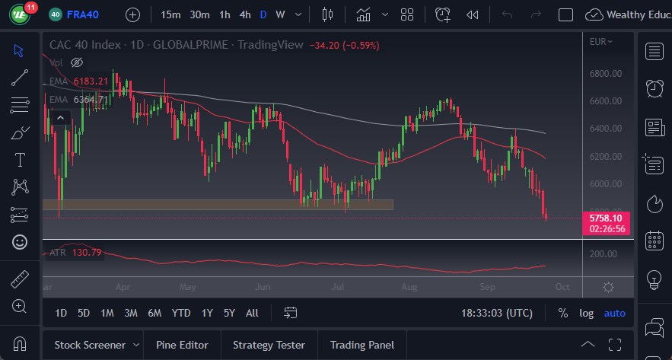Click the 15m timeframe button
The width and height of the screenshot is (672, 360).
(170, 14)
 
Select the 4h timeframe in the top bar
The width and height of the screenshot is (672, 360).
(244, 14)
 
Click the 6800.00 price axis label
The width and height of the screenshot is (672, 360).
(606, 74)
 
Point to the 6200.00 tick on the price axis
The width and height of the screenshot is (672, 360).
(606, 157)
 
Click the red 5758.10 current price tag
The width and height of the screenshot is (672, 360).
(607, 218)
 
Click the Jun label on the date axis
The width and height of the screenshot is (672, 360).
(263, 288)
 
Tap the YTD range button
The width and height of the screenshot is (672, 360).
(181, 313)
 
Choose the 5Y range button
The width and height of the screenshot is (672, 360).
(229, 313)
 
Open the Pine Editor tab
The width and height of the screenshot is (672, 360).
(181, 345)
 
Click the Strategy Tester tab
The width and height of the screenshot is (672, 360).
(269, 345)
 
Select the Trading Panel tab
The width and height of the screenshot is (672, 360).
(361, 345)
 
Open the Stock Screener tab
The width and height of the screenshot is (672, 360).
(90, 345)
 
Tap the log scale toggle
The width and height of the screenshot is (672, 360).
(586, 313)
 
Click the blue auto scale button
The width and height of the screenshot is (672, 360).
(614, 313)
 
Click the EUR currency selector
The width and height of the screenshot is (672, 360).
(600, 42)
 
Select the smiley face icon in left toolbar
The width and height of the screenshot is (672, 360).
(20, 242)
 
